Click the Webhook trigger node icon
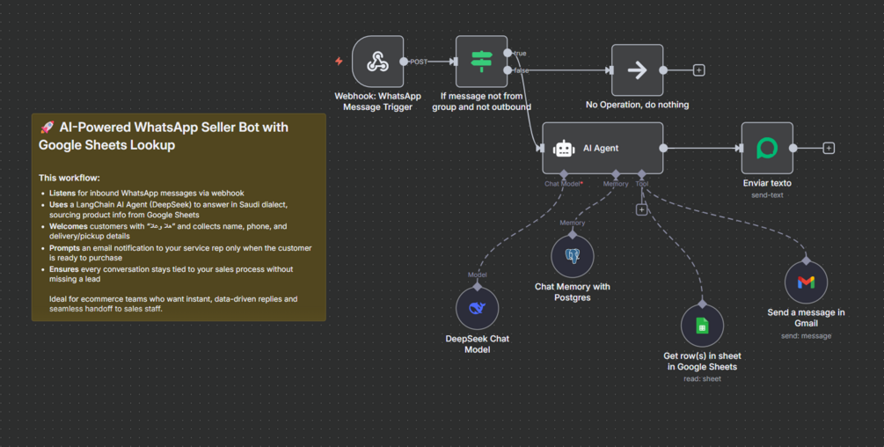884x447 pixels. (x=377, y=62)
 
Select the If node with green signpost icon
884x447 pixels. (x=481, y=62)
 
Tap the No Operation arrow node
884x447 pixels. (x=637, y=70)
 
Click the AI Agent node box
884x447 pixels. (x=602, y=149)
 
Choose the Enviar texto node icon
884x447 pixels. (x=767, y=149)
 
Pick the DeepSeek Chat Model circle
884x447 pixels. (x=478, y=308)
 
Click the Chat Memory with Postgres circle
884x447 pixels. (x=573, y=257)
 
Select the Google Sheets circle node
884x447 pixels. (x=702, y=326)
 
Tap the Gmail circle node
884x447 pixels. (x=806, y=282)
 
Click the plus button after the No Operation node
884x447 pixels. (x=699, y=70)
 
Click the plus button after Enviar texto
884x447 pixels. (x=829, y=149)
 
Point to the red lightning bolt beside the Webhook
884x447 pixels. (x=339, y=62)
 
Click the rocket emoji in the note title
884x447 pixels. (x=47, y=128)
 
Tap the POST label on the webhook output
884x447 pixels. (x=419, y=62)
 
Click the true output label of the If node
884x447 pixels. (x=520, y=55)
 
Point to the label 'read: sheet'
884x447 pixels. (x=702, y=378)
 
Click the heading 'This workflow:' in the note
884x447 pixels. (x=69, y=178)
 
